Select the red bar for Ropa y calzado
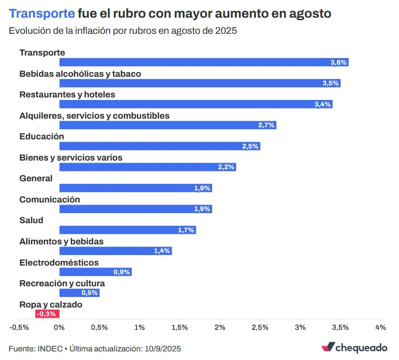[47, 314]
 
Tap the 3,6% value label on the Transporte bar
[338, 62]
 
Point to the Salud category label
[31, 220]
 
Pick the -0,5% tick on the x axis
[19, 327]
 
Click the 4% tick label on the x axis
[380, 327]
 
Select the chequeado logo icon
[328, 347]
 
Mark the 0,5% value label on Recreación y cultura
[89, 293]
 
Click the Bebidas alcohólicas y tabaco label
[80, 74]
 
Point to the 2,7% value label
[266, 125]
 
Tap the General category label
[36, 178]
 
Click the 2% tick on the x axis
[220, 327]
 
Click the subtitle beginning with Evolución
[123, 30]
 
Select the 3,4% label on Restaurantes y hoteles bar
[322, 105]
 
